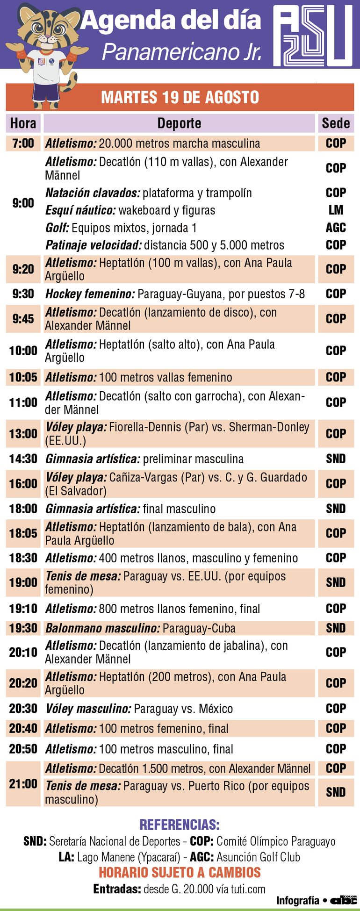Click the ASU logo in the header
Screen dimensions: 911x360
coord(313,35)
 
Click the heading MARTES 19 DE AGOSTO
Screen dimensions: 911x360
coord(180,97)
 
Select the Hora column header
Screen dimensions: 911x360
coord(23,123)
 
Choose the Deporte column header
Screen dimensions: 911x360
coord(179,123)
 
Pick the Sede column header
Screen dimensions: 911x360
coord(336,123)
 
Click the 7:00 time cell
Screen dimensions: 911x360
coord(23,143)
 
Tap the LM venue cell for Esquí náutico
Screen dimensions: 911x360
coord(336,210)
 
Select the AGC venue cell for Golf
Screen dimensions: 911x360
coord(336,228)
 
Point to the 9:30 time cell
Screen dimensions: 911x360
coord(23,294)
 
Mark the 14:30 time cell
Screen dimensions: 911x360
coord(23,459)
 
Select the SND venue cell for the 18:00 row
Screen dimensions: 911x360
coord(336,509)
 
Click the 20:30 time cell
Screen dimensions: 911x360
coord(23,709)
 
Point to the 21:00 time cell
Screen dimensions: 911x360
coord(23,784)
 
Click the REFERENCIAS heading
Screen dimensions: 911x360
coord(180,825)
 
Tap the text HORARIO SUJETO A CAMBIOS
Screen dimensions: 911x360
coord(180,872)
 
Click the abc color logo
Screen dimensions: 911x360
coord(344,900)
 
